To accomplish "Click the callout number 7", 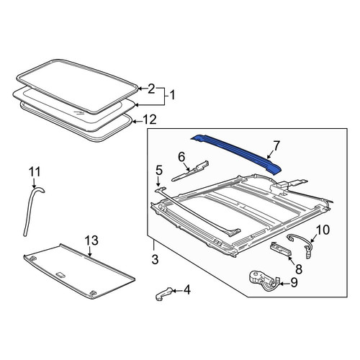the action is pos(276,145).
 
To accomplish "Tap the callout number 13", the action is pos(91,240).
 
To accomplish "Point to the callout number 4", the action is pos(186,290).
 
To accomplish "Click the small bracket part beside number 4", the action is pos(163,293).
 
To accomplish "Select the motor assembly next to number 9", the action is pos(264,281).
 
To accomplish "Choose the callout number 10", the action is pos(323,230).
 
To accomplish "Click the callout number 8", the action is pos(299,269).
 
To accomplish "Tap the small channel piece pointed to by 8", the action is pos(281,249).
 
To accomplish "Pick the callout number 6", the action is pos(181,158).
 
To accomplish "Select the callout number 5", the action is pos(159,170).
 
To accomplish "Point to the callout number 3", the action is pos(155,259).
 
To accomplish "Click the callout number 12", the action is pos(149,120).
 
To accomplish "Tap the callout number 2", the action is pos(151,89).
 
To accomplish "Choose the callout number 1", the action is pos(172,95).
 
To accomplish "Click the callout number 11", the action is pos(35,172).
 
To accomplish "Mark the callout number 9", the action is pos(294,282).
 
